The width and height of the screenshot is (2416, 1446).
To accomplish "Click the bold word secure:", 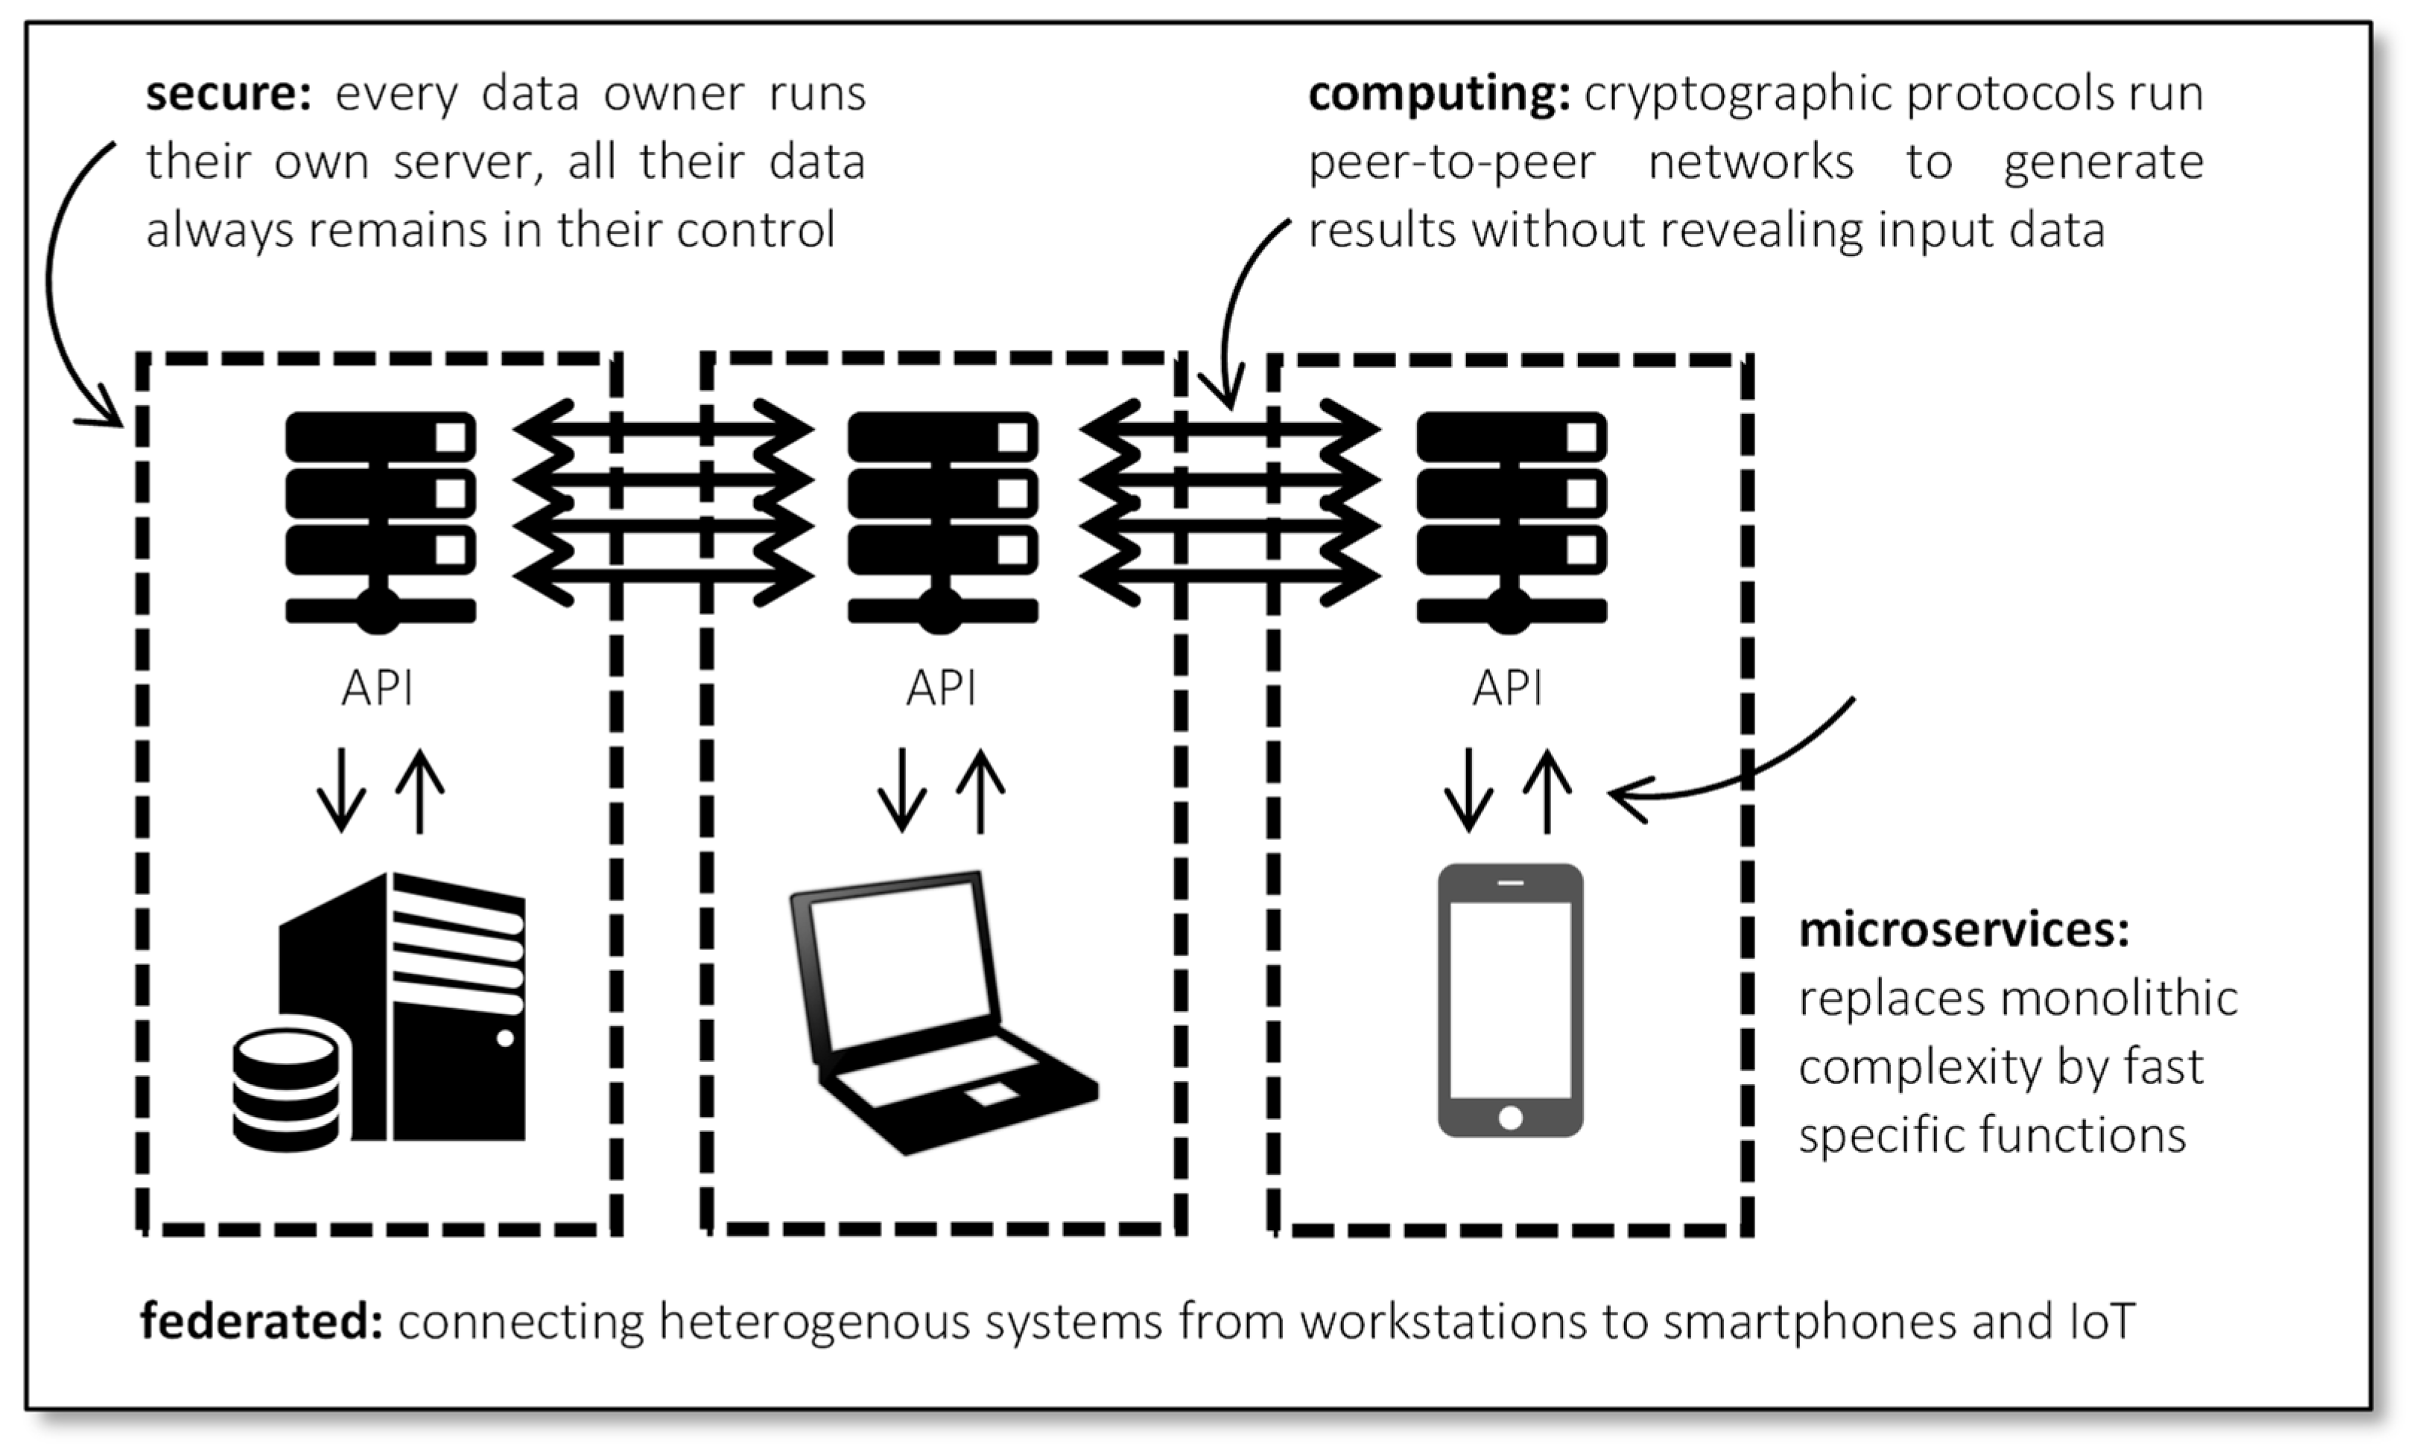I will (x=228, y=95).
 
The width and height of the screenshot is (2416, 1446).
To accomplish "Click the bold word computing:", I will (x=1438, y=95).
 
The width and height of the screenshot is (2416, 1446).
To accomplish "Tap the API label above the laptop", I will (x=940, y=688).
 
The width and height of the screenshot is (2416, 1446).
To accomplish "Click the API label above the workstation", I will (x=377, y=688).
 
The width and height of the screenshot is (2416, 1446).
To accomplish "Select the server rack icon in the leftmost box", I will (x=380, y=517).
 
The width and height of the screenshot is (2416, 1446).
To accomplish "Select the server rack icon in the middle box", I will (x=942, y=517).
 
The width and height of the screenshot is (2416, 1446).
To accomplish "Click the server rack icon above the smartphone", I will (x=1511, y=517).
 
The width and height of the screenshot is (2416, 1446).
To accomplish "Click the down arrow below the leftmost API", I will (x=341, y=789).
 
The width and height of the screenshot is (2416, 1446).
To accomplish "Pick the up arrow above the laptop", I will (x=980, y=789).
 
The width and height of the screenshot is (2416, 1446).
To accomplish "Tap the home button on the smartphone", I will (x=1509, y=1117).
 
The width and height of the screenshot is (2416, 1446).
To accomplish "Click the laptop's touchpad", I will (x=991, y=1092).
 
